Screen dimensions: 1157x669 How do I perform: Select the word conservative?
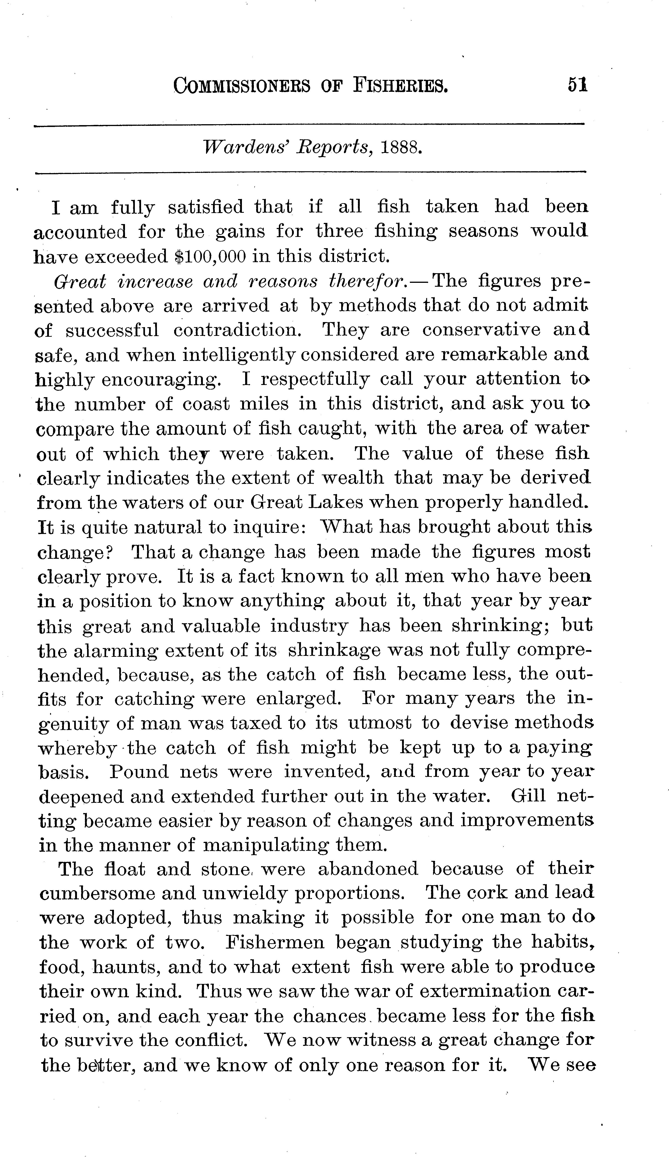(481, 330)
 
